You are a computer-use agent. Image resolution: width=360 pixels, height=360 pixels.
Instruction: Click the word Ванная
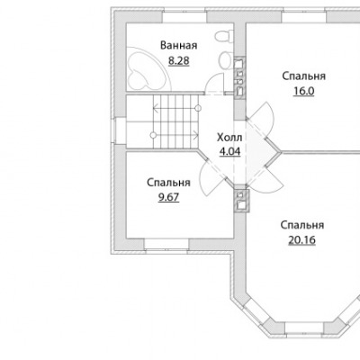click(179, 46)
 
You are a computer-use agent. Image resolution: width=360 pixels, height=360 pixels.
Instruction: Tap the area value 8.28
click(179, 61)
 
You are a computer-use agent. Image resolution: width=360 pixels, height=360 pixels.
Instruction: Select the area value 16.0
click(303, 91)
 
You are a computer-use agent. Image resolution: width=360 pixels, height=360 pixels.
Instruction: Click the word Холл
click(229, 138)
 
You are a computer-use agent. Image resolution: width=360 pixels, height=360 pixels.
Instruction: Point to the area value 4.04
click(229, 152)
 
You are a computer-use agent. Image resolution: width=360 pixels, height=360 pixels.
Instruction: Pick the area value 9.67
click(168, 197)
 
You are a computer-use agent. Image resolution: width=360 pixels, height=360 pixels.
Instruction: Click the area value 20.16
click(302, 240)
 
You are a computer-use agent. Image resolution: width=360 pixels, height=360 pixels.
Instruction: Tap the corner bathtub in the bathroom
click(147, 69)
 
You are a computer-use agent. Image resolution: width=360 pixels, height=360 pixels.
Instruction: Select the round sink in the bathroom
click(225, 61)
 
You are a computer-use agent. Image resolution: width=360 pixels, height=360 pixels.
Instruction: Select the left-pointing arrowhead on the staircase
click(155, 108)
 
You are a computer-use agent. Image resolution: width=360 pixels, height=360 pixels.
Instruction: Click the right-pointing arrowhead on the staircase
click(196, 135)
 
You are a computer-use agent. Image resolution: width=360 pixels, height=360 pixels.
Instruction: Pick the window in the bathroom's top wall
click(184, 16)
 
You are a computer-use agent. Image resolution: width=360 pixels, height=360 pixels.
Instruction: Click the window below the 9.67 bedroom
click(166, 244)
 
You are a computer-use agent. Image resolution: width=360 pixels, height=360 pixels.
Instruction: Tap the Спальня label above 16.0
click(303, 76)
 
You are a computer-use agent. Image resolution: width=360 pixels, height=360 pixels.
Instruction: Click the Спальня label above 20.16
click(302, 225)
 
